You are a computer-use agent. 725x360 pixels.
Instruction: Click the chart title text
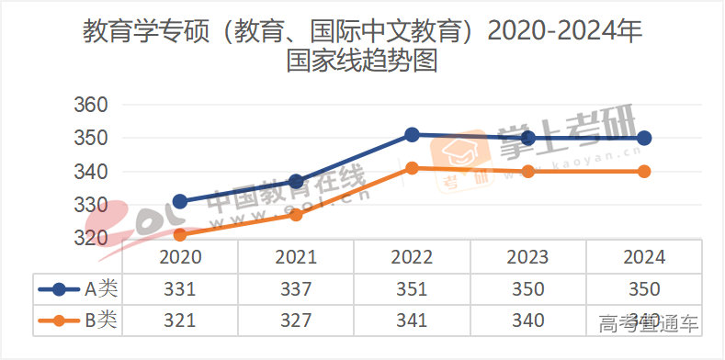click(x=362, y=46)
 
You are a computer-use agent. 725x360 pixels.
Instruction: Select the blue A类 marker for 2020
click(x=180, y=201)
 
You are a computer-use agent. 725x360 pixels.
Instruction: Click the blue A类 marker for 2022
click(x=413, y=135)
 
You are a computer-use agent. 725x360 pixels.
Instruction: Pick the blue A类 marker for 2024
click(x=644, y=138)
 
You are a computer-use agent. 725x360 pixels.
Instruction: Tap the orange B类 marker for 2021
click(x=296, y=214)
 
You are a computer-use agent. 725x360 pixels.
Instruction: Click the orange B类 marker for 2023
click(x=528, y=171)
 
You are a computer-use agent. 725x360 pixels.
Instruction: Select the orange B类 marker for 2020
click(x=180, y=234)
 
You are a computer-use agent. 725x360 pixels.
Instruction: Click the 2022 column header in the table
click(x=412, y=257)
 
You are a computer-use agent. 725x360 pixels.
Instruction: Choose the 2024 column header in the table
click(x=644, y=257)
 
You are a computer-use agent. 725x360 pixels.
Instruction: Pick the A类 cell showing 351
click(x=412, y=289)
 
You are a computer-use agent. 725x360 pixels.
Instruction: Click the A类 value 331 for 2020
click(x=180, y=289)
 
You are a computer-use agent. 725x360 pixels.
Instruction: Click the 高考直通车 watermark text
click(x=649, y=324)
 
